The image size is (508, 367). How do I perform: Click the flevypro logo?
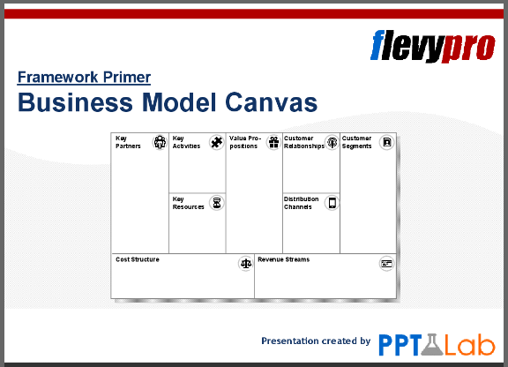point(432,45)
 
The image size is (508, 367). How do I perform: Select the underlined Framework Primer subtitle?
point(84,78)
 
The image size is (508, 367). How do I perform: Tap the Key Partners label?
point(128,142)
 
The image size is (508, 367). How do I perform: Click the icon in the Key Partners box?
point(160,142)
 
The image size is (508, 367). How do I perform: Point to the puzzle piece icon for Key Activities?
point(217,142)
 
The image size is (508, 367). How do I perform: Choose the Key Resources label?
point(188,203)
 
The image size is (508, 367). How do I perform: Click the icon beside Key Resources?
point(217,202)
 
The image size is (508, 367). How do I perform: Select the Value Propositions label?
point(244,142)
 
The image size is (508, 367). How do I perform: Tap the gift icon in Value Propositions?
point(274,142)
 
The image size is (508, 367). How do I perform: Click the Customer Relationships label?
point(303,142)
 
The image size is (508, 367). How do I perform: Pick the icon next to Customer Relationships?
point(332,142)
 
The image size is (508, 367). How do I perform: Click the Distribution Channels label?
point(301,203)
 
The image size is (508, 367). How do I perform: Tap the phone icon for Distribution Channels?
point(332,203)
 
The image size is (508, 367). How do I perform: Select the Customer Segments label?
point(357,142)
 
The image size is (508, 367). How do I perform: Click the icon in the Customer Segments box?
point(385,142)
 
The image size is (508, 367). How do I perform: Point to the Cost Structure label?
point(137,260)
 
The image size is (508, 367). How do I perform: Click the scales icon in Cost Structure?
point(245,264)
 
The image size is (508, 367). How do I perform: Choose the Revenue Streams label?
point(283,260)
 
